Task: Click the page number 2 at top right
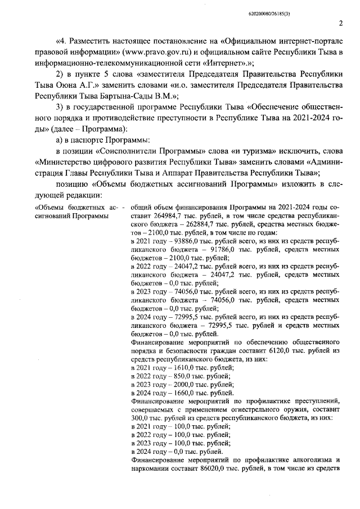(341, 24)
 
